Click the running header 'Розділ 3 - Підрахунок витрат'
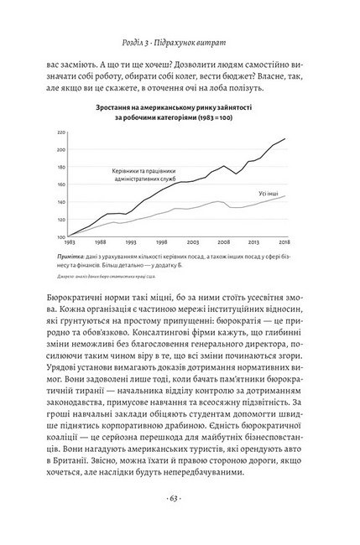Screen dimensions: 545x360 180,44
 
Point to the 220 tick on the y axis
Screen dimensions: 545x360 61,132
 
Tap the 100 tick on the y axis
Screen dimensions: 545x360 61,237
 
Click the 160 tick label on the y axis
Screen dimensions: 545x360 61,185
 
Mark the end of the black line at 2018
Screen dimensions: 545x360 285,138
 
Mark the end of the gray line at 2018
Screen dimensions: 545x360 285,196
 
